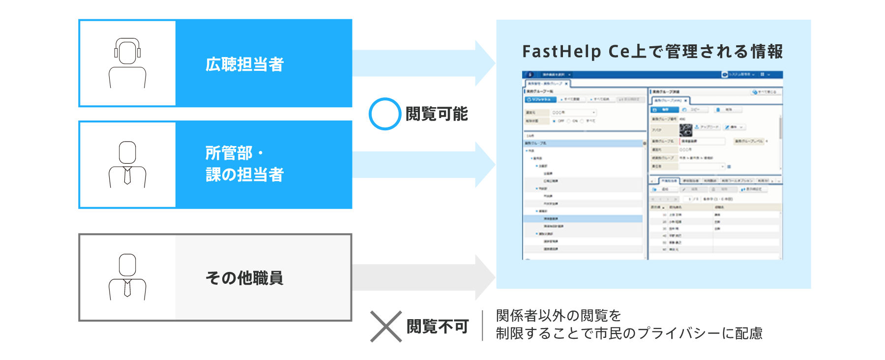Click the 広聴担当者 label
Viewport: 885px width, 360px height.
click(x=244, y=64)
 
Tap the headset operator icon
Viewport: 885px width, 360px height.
click(x=127, y=63)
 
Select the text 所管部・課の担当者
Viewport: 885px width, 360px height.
click(x=244, y=164)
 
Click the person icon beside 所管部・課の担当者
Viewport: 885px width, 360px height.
click(x=127, y=165)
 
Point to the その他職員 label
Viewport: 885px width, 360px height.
click(x=244, y=278)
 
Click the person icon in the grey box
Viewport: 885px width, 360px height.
click(x=127, y=277)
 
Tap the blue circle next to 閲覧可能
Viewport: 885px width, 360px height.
click(x=385, y=114)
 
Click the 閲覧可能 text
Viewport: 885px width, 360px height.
click(x=437, y=114)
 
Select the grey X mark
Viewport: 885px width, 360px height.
click(x=386, y=326)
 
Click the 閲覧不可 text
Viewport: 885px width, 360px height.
click(x=438, y=326)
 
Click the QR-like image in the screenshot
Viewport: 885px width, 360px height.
click(x=685, y=130)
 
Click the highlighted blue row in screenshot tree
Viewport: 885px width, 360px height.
click(x=583, y=218)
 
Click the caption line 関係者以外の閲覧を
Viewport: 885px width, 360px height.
click(x=559, y=315)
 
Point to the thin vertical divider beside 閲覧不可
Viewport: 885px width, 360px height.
click(x=482, y=326)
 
